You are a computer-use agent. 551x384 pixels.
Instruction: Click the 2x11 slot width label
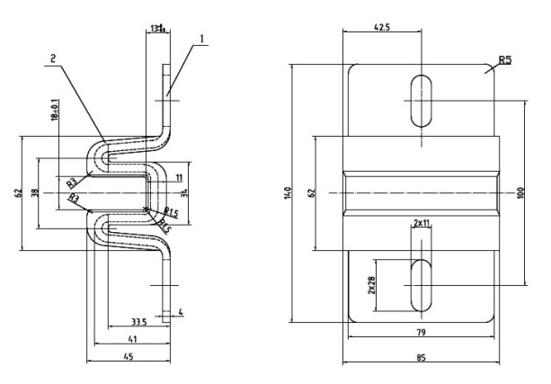pyautogui.click(x=422, y=221)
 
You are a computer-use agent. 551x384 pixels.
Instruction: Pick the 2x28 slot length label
pyautogui.click(x=371, y=284)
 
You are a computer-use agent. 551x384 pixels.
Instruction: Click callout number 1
pyautogui.click(x=202, y=38)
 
